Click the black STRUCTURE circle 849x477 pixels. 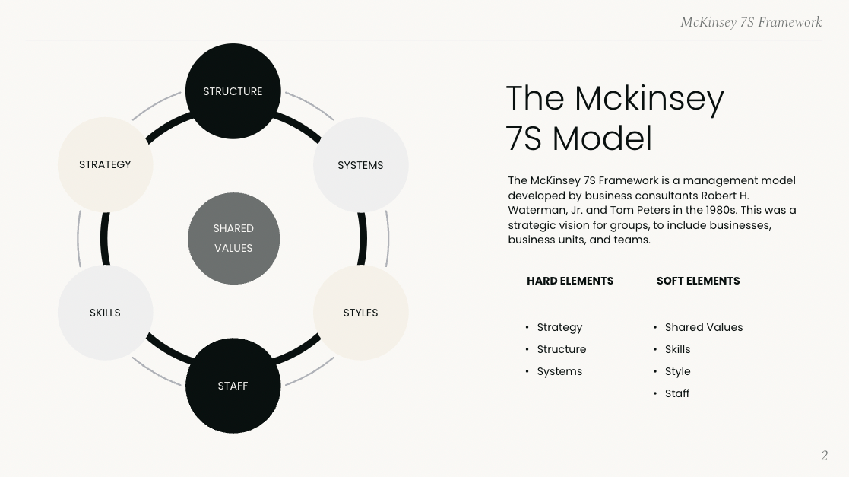click(x=233, y=91)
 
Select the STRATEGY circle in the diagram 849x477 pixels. click(x=106, y=164)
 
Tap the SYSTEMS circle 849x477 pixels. click(x=361, y=165)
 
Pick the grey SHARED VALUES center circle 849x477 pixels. click(x=233, y=238)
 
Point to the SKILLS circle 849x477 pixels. click(x=106, y=313)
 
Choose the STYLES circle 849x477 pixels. click(x=361, y=313)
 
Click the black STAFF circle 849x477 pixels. click(x=233, y=386)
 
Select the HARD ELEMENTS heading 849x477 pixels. click(x=570, y=281)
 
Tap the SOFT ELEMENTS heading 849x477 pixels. click(x=698, y=281)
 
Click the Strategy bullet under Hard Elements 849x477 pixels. click(x=559, y=327)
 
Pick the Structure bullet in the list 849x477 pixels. click(x=562, y=349)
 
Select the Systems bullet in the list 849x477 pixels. click(x=559, y=371)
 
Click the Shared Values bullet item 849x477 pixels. click(x=704, y=327)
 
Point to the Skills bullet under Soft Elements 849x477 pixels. click(x=677, y=349)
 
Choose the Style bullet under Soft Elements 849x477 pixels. click(x=677, y=371)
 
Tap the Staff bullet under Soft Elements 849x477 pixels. click(x=677, y=393)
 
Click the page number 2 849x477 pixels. click(x=824, y=456)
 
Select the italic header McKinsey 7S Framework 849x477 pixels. click(x=751, y=22)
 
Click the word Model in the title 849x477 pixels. click(x=602, y=138)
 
